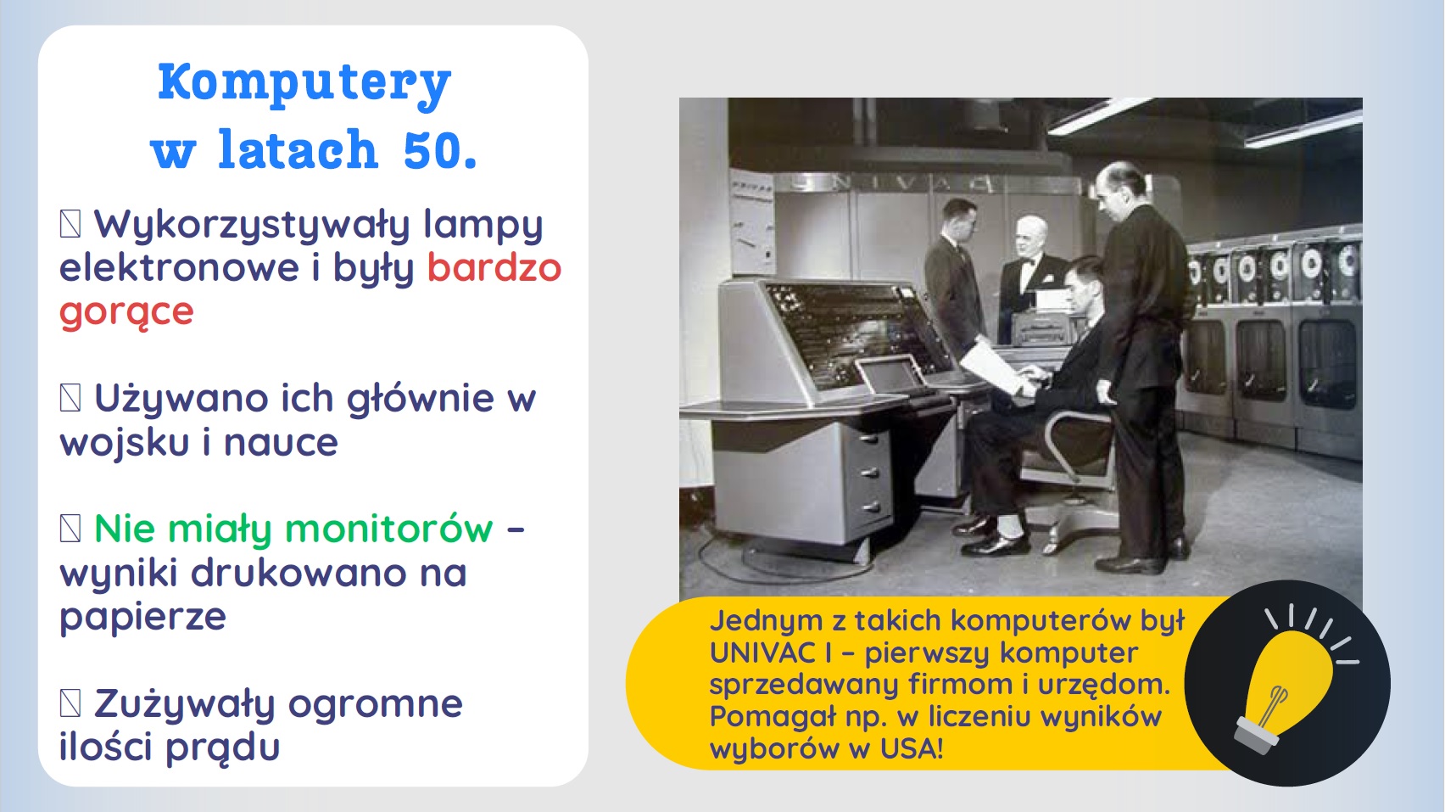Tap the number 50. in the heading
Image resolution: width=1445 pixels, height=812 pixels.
click(440, 149)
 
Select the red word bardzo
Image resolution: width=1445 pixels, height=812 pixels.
click(494, 267)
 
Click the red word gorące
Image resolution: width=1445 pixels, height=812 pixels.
click(126, 312)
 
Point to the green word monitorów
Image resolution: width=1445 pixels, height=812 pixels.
click(389, 529)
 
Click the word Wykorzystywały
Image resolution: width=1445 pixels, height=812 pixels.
click(253, 226)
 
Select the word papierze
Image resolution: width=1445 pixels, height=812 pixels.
click(142, 617)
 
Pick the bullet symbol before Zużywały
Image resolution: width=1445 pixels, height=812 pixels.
click(70, 703)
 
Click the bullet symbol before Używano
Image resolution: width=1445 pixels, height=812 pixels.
click(70, 398)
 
